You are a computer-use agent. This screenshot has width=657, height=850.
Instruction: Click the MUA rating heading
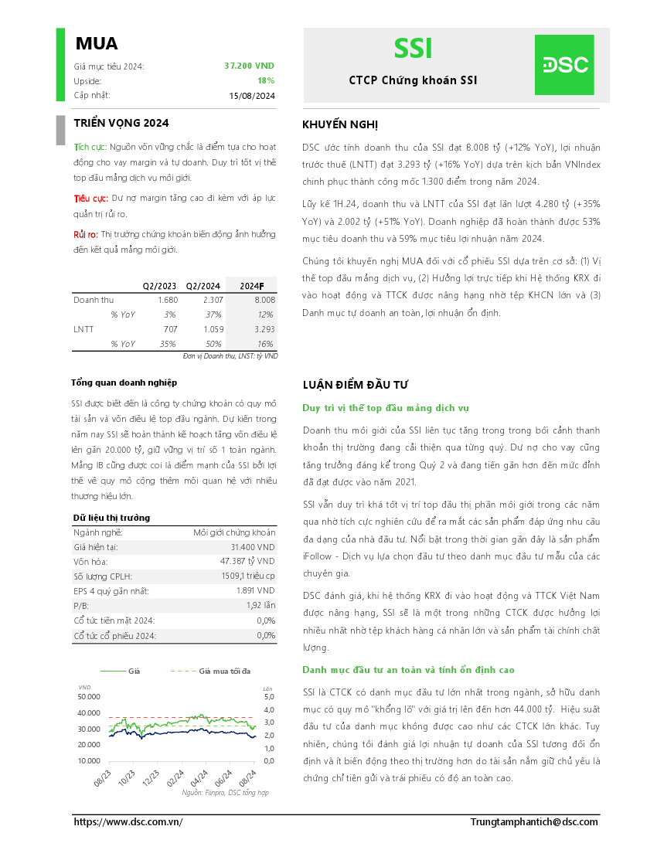pyautogui.click(x=97, y=44)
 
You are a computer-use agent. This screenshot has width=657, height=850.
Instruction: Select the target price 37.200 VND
pyautogui.click(x=249, y=66)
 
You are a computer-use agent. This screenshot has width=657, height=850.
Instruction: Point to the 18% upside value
pyautogui.click(x=266, y=80)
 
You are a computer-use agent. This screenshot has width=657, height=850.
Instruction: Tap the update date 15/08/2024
pyautogui.click(x=252, y=96)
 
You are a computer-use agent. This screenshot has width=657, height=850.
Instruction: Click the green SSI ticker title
pyautogui.click(x=413, y=49)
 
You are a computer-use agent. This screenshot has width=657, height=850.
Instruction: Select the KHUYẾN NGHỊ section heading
pyautogui.click(x=340, y=125)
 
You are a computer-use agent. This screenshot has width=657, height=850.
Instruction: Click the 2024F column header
pyautogui.click(x=252, y=286)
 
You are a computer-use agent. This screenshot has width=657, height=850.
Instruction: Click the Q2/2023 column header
pyautogui.click(x=159, y=286)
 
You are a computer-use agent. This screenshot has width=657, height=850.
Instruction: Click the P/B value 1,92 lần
pyautogui.click(x=260, y=606)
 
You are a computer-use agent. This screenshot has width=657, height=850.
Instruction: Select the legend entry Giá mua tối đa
pyautogui.click(x=224, y=671)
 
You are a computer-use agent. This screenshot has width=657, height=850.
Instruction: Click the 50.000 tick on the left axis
pyautogui.click(x=89, y=696)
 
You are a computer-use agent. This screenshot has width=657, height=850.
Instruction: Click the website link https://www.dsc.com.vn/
pyautogui.click(x=128, y=822)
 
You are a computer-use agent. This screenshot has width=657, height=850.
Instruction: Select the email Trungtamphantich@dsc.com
pyautogui.click(x=534, y=822)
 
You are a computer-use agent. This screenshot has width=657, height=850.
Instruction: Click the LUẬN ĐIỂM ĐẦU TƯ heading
pyautogui.click(x=355, y=385)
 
